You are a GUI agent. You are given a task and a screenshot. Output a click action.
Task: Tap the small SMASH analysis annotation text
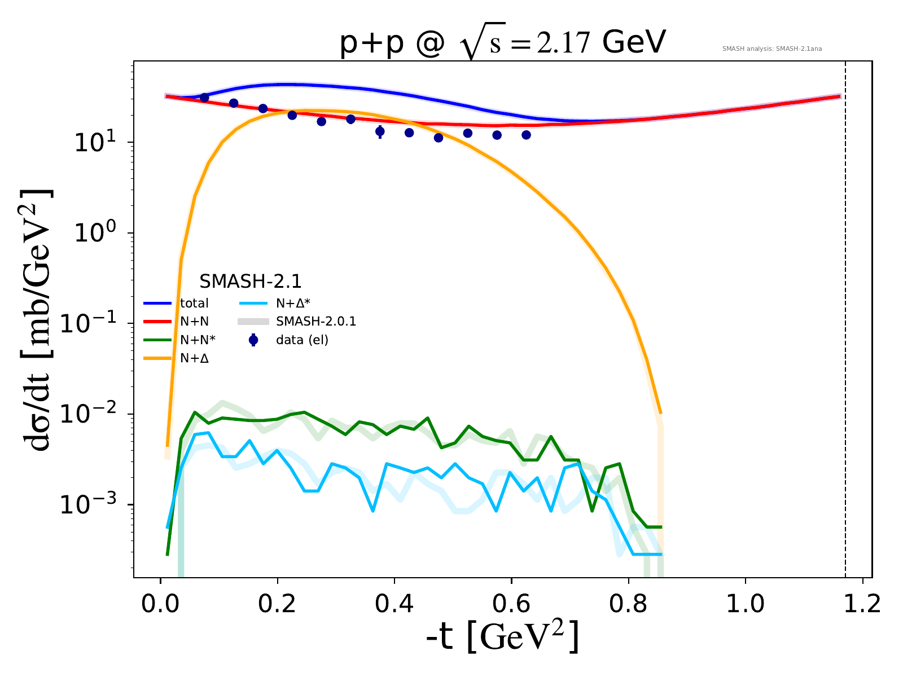pos(772,49)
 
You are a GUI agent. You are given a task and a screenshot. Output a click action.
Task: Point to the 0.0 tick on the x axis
pos(160,604)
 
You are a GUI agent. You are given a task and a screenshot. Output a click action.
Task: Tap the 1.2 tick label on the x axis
pos(862,604)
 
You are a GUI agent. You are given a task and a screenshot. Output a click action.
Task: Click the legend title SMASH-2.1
pos(250,281)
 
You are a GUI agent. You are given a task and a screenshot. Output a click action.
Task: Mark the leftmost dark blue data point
pos(204,98)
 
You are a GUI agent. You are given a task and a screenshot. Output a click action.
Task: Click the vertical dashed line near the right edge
pos(845,338)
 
